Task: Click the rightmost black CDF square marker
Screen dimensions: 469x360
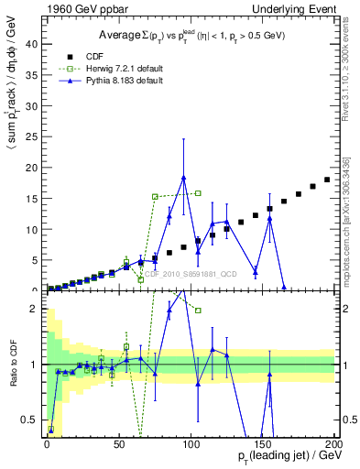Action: pyautogui.click(x=327, y=180)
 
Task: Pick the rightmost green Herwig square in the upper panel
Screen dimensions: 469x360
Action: pyautogui.click(x=198, y=193)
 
